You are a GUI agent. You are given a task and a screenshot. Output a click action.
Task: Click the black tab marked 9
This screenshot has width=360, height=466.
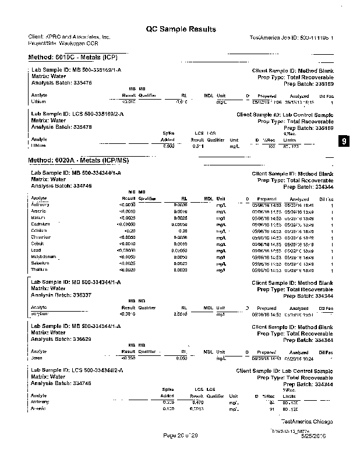(344, 142)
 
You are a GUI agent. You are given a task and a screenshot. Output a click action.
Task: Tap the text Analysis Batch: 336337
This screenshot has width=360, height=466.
(61, 295)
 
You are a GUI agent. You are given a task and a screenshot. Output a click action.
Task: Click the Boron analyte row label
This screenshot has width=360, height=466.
(37, 359)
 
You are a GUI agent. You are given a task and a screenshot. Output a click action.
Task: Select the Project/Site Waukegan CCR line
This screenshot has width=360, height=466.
(63, 43)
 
